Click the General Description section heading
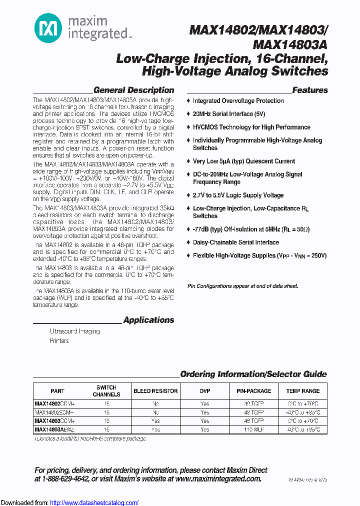click(x=133, y=90)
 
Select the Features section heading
click(x=310, y=90)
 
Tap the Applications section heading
click(x=148, y=320)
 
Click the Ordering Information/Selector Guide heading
click(x=253, y=374)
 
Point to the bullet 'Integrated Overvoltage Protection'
click(x=238, y=101)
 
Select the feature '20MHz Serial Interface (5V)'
click(x=229, y=114)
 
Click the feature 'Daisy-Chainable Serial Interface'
click(x=235, y=242)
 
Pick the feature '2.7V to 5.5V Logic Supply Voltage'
click(x=238, y=195)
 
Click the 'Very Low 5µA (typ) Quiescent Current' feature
click(x=243, y=161)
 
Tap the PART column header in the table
click(x=57, y=391)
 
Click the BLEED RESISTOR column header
click(x=155, y=391)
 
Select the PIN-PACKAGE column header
click(x=254, y=391)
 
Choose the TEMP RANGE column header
click(x=303, y=391)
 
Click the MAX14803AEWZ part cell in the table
click(x=54, y=429)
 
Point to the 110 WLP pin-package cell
click(x=254, y=429)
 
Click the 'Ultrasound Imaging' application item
click(x=74, y=331)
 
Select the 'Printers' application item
click(x=59, y=341)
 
